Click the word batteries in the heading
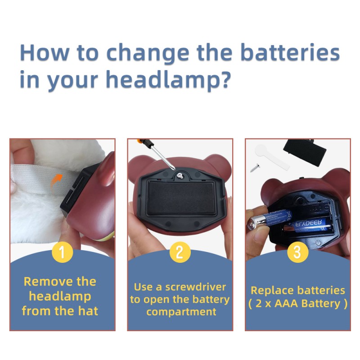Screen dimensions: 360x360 tap(290, 52)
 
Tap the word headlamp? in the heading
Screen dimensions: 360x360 tap(168, 80)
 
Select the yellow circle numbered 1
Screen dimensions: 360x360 tap(63, 252)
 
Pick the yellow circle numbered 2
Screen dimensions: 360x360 tap(180, 252)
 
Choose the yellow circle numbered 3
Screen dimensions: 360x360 tap(298, 252)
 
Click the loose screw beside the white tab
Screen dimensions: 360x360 tap(255, 167)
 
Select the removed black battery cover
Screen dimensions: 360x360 tap(305, 152)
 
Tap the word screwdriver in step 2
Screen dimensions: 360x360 tap(196, 287)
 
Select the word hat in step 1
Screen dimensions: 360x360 tap(88, 311)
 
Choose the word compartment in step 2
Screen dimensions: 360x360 tap(181, 312)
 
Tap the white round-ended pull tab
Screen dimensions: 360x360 tap(272, 156)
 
